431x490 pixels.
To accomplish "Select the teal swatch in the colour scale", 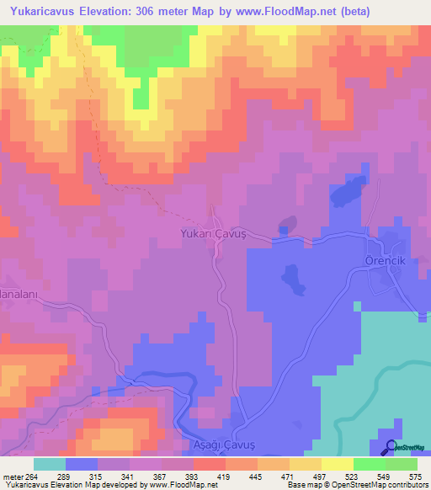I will point(50,464).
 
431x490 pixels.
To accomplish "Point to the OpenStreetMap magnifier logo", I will point(390,448).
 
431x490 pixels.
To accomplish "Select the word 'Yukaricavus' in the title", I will point(44,13).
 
